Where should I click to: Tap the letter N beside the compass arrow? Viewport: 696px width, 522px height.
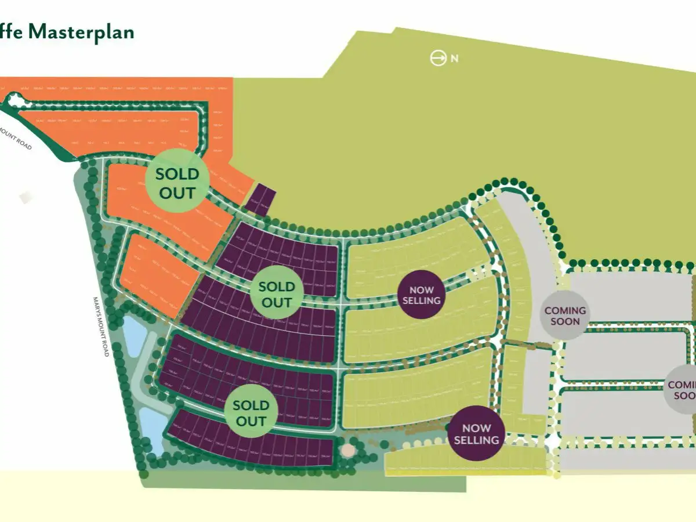tap(454, 59)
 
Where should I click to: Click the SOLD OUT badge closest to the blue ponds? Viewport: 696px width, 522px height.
tap(251, 412)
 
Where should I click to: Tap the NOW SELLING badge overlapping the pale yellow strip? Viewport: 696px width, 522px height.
tap(476, 433)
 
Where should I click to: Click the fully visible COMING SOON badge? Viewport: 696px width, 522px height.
tap(565, 316)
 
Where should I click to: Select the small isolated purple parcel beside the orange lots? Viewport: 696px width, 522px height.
tap(260, 199)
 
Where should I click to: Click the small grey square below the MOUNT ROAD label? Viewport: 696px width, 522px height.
tap(25, 197)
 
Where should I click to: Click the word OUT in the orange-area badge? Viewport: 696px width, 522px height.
tap(178, 192)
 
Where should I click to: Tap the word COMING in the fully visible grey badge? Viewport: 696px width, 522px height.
tap(565, 310)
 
